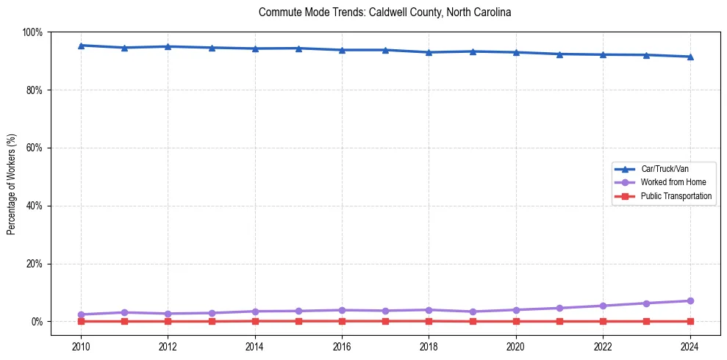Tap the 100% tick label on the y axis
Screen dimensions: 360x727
32,32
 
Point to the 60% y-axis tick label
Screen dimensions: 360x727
35,148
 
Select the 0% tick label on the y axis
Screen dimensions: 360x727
37,322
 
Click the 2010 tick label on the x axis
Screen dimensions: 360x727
81,345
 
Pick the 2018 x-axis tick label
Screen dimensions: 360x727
429,345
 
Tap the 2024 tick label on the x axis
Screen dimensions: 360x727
690,345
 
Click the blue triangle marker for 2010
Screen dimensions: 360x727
81,46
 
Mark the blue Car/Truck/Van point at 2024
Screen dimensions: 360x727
690,57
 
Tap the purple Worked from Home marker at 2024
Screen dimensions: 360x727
690,300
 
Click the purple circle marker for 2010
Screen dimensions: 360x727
81,314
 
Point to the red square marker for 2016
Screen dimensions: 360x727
342,321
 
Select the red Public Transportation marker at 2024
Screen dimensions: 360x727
690,321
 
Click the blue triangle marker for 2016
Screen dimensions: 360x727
342,50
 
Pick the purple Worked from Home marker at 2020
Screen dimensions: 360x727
516,310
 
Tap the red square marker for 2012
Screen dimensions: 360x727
168,321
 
